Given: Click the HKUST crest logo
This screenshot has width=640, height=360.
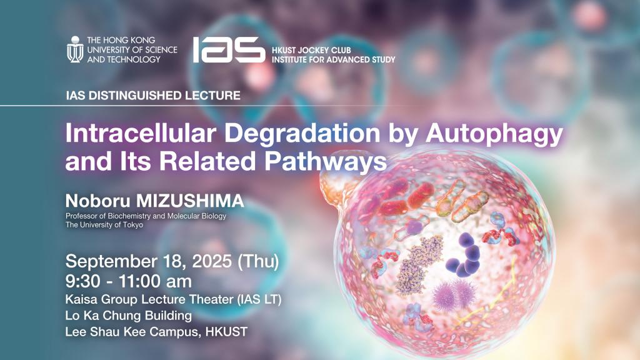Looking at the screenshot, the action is [75, 49].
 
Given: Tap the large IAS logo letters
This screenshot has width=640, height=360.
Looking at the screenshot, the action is [229, 50].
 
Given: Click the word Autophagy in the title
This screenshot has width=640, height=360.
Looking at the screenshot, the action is [494, 134].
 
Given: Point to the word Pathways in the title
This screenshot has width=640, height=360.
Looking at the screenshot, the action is [326, 162].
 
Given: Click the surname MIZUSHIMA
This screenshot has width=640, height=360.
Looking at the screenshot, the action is [190, 201].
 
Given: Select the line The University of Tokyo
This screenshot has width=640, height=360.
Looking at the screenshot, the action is [104, 225].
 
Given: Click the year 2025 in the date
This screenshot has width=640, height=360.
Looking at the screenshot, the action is [212, 261].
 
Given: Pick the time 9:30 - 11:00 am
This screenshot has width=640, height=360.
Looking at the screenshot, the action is [129, 281].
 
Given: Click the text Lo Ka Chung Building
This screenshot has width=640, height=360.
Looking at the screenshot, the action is [129, 316].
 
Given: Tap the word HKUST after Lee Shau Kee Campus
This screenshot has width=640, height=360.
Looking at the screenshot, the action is [226, 331].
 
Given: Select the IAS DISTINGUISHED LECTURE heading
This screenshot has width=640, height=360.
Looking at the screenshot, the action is [153, 96].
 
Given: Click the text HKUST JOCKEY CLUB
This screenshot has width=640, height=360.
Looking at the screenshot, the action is [311, 51].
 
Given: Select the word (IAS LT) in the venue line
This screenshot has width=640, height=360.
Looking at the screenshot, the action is [259, 299].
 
